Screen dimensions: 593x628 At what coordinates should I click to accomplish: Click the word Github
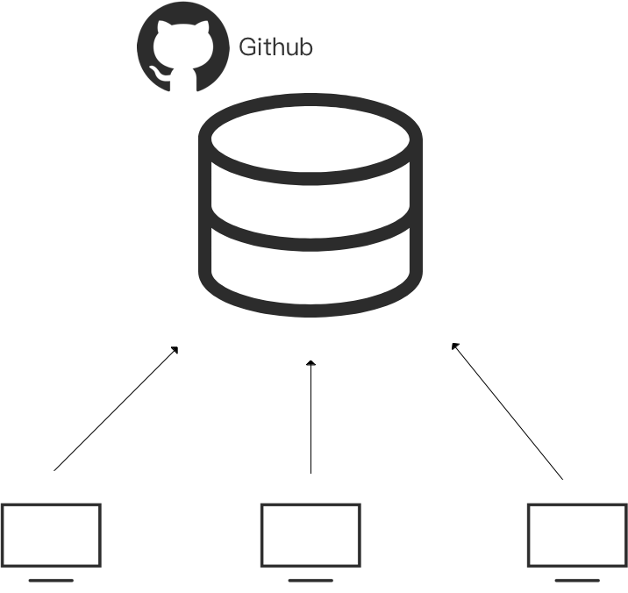[275, 46]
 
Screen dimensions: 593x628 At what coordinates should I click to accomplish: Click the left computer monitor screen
[52, 535]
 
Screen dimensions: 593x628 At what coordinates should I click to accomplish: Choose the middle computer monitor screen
[310, 535]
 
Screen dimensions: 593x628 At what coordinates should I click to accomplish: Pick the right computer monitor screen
[577, 535]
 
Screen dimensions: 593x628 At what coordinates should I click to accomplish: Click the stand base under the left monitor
[52, 580]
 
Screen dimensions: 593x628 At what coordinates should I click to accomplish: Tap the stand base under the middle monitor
[310, 580]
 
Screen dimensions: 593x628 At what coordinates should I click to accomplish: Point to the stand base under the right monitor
[577, 580]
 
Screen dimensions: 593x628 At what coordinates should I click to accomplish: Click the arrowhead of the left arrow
[176, 349]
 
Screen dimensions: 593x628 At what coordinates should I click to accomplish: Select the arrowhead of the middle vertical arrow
[310, 362]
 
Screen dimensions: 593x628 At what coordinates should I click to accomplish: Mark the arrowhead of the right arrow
[453, 345]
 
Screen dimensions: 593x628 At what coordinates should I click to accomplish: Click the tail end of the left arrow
[55, 470]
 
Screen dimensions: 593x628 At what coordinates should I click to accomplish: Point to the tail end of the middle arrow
[310, 473]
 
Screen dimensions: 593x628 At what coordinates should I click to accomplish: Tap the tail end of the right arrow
[561, 478]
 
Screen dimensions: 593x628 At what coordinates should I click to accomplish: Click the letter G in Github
[247, 46]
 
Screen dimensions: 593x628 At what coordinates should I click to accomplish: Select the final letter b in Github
[306, 46]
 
